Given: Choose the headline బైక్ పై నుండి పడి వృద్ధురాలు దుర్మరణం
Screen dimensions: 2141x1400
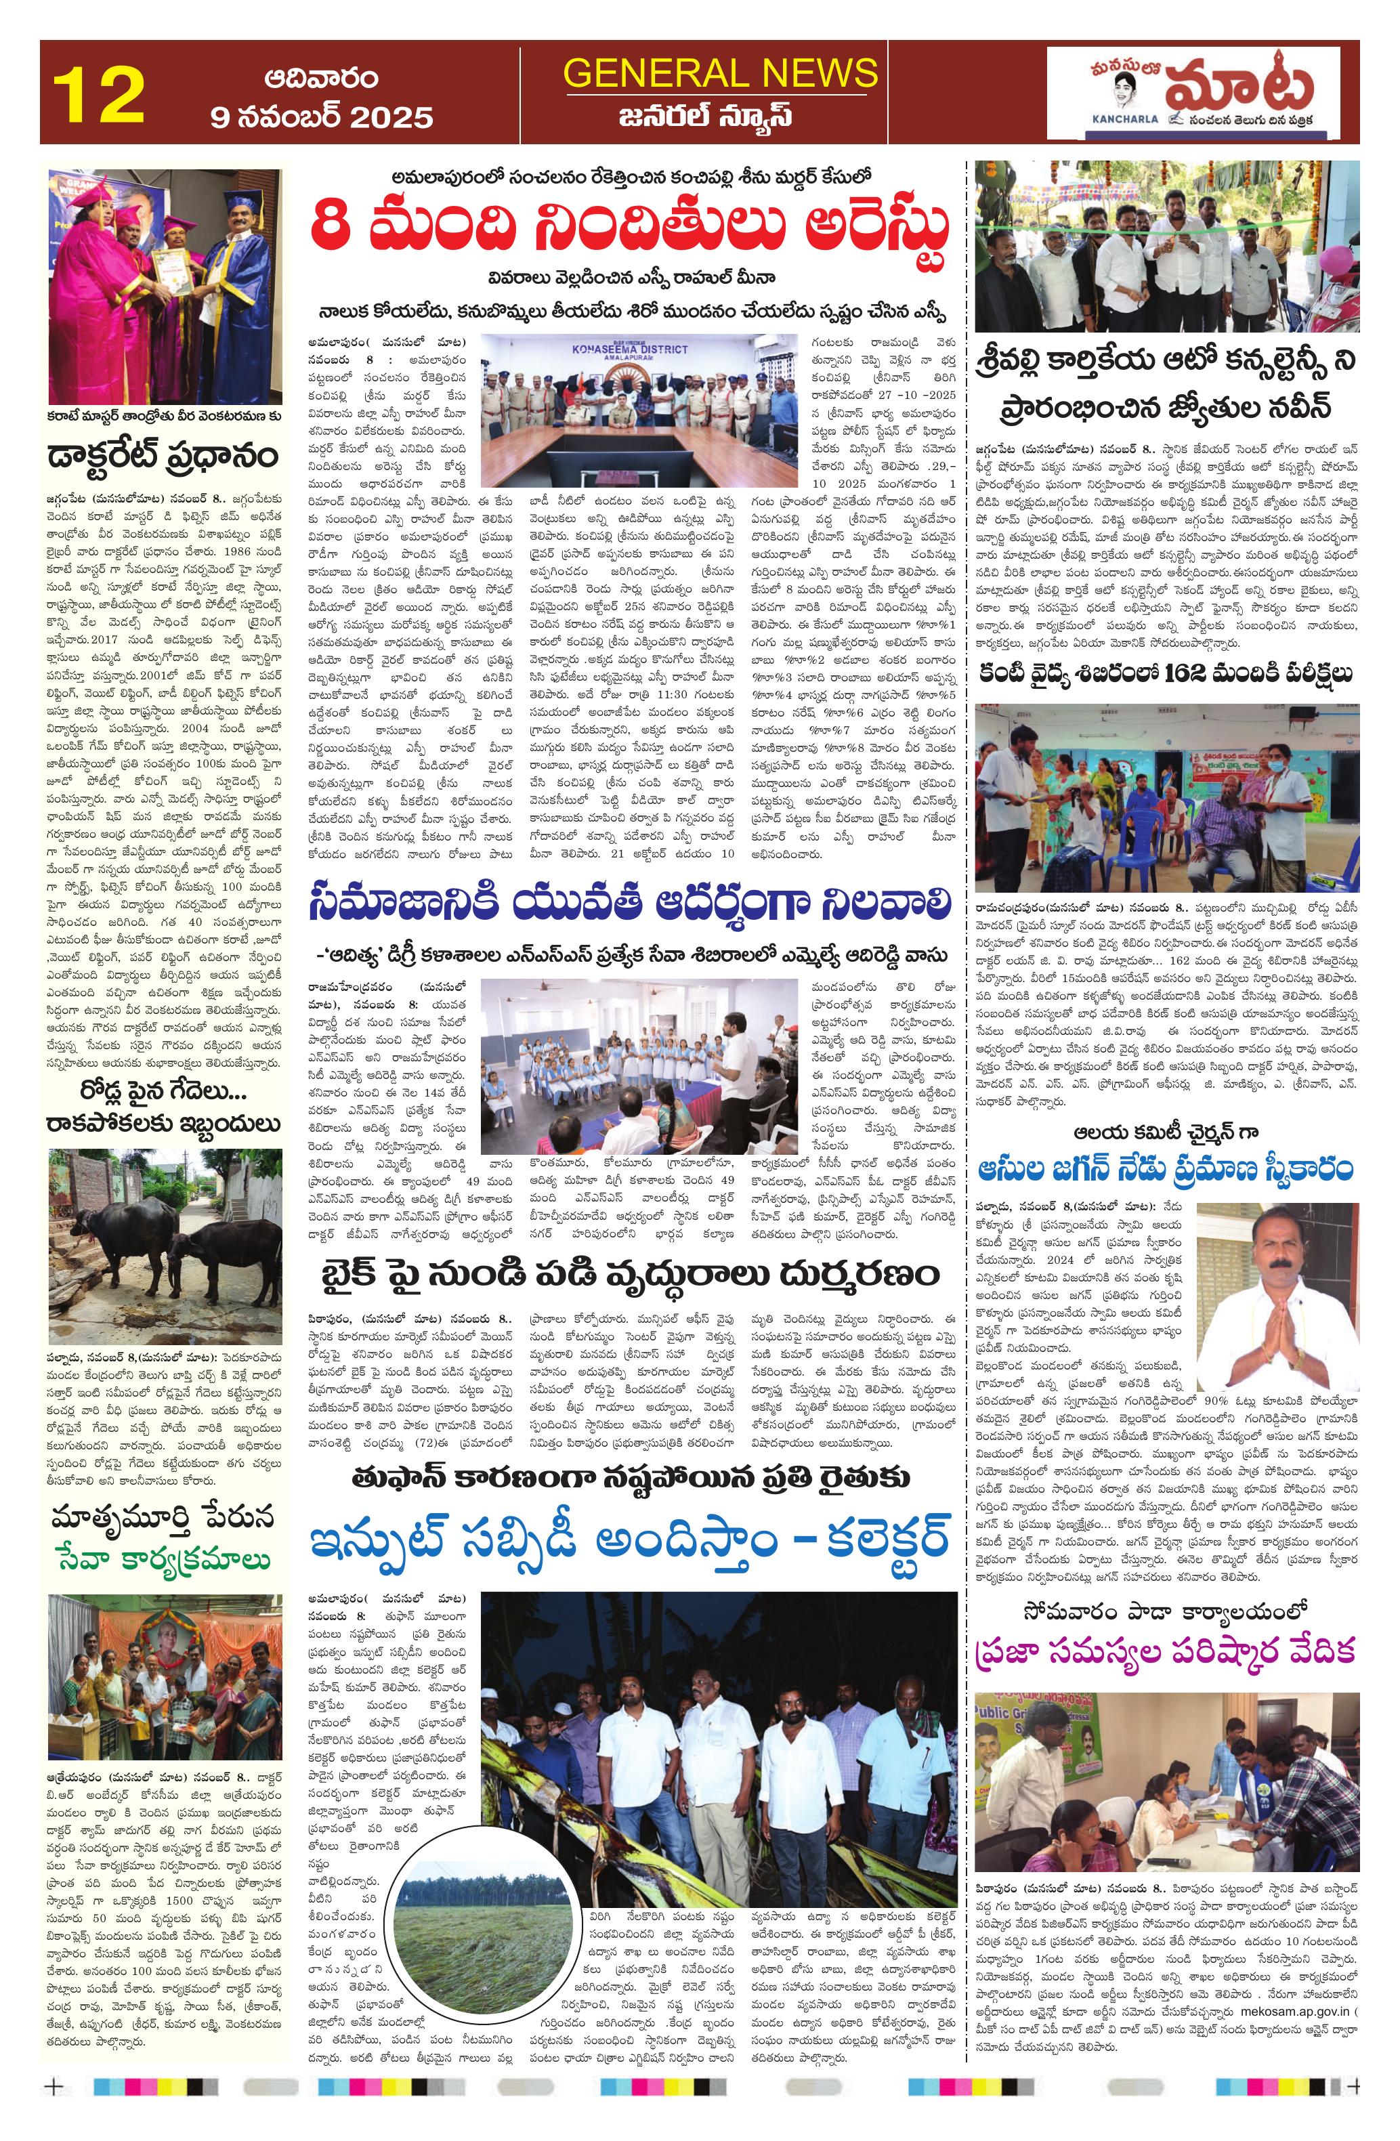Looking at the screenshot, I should coord(630,1274).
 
